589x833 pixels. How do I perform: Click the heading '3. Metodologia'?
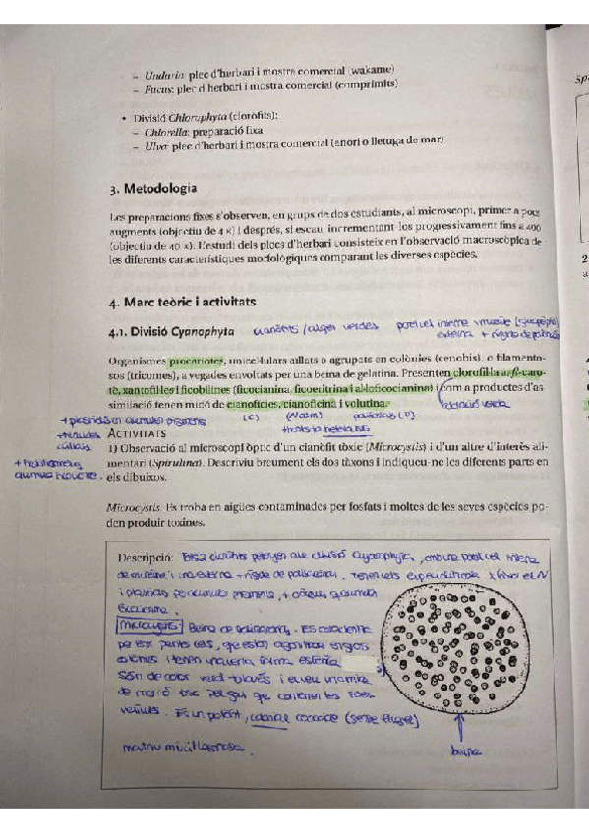pyautogui.click(x=152, y=188)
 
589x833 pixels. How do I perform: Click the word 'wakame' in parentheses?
pyautogui.click(x=373, y=69)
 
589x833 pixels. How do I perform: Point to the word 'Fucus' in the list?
pyautogui.click(x=157, y=87)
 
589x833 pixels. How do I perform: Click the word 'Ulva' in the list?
pyautogui.click(x=154, y=145)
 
